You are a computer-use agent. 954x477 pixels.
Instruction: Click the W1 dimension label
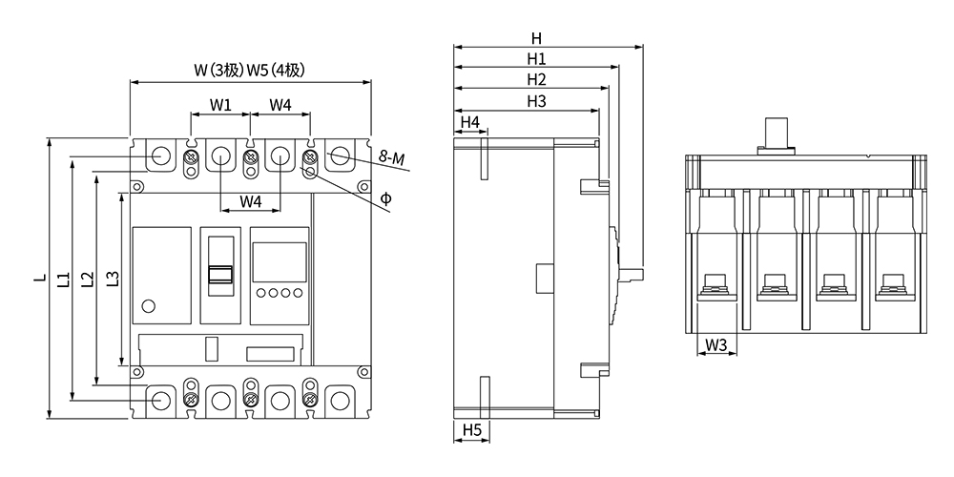tap(220, 104)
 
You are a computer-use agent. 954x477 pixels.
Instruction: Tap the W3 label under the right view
tap(716, 344)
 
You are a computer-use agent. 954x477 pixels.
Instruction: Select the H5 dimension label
tap(471, 430)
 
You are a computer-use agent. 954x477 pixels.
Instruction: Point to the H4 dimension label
tap(469, 122)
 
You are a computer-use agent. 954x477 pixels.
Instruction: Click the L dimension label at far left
tap(39, 279)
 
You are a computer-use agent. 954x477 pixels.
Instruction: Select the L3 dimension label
tap(112, 279)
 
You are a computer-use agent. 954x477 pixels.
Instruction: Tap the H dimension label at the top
tap(537, 39)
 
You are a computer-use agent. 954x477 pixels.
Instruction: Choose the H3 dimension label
tap(536, 101)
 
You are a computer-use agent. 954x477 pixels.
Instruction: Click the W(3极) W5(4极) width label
tap(249, 70)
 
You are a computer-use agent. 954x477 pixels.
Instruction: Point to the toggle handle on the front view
tap(220, 275)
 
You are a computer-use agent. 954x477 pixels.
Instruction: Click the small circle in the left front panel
tap(148, 305)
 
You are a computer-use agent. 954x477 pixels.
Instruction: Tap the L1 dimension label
tap(63, 279)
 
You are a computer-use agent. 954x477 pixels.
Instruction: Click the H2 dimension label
tap(536, 80)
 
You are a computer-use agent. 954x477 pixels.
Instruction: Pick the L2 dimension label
tap(87, 279)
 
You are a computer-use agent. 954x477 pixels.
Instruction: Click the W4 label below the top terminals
tap(251, 201)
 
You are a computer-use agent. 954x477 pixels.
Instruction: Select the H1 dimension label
tap(536, 59)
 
